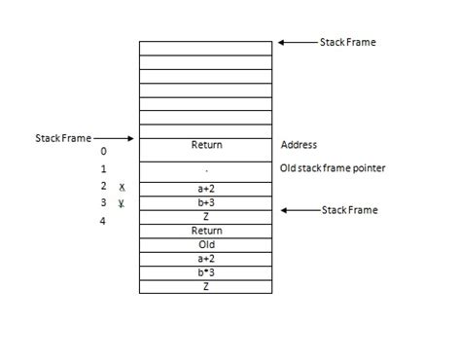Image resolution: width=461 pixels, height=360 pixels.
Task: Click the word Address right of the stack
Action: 299,146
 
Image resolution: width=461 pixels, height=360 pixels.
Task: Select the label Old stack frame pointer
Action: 332,168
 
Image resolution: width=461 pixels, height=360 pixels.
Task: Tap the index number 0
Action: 104,152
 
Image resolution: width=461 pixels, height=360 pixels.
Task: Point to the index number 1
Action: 104,169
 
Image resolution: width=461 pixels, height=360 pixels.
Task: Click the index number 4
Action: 104,221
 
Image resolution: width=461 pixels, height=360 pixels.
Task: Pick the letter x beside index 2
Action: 123,186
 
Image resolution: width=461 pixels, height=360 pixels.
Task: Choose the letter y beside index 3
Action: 123,203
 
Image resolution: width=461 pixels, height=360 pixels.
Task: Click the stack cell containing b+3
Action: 206,202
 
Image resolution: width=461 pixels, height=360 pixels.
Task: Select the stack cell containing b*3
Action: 206,272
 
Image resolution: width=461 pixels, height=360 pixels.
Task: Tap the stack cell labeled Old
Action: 206,245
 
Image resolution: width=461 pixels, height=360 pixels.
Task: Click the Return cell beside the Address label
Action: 206,146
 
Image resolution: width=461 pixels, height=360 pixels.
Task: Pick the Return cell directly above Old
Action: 206,232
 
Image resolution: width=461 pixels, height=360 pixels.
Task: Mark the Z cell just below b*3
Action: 206,287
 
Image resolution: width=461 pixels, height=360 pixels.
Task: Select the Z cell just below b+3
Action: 206,216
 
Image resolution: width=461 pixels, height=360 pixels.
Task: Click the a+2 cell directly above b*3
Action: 206,259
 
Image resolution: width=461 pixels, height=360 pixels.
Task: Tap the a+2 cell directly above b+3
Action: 206,187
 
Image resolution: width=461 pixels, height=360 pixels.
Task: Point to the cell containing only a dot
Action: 206,168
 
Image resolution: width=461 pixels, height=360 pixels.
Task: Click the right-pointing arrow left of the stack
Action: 117,139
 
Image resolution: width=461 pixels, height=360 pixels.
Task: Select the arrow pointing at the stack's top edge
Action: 298,43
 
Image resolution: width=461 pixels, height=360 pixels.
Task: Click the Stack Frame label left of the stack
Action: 62,139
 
